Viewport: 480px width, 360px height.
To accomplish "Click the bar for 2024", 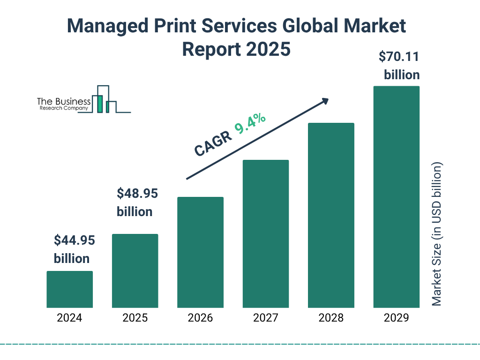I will coord(69,289).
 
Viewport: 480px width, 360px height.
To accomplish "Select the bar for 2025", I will coord(135,270).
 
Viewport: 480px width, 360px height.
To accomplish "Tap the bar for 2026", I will coord(200,252).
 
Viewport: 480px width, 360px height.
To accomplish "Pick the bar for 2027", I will coord(265,233).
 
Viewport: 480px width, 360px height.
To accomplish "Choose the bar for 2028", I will coord(331,215).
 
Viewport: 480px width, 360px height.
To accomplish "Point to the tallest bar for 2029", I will coord(396,197).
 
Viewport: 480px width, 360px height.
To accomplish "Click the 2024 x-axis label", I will coord(69,318).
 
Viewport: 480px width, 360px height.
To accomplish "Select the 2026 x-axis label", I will coord(200,318).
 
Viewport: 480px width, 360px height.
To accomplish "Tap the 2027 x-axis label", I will coord(265,318).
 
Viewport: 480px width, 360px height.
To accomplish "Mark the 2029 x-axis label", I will coord(396,318).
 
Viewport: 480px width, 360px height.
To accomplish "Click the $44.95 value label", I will coord(74,240).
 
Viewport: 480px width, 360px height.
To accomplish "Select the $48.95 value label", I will coord(137,193).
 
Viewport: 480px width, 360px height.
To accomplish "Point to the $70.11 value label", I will coord(399,57).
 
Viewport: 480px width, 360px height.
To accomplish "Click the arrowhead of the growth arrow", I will coord(325,101).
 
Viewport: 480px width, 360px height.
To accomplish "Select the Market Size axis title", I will coord(437,234).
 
